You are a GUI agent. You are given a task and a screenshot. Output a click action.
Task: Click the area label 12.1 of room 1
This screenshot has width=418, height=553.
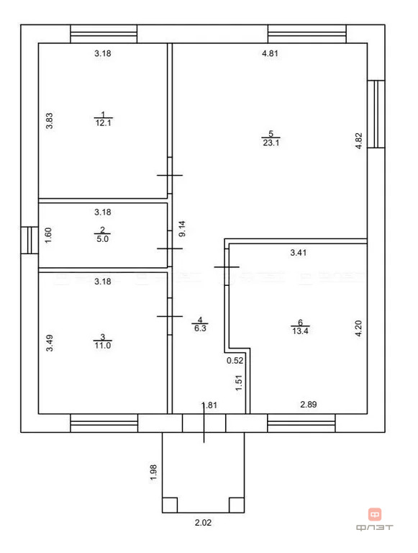point(104,122)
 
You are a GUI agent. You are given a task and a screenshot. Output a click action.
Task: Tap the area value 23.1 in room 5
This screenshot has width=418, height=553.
point(271,143)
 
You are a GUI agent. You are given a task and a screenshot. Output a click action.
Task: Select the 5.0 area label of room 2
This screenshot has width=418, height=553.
point(103,239)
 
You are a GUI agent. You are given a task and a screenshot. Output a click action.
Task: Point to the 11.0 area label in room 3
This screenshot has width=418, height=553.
point(103,346)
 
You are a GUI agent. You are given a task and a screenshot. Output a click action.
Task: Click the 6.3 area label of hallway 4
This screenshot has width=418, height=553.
point(200,328)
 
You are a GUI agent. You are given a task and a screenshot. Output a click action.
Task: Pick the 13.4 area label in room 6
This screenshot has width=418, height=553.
point(300,331)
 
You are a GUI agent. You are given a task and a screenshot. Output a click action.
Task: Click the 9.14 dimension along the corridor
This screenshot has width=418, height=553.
point(182,229)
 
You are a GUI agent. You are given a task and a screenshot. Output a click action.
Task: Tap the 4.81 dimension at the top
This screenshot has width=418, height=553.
point(270,53)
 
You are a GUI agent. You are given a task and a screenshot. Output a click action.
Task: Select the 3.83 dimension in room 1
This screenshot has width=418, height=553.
point(50,121)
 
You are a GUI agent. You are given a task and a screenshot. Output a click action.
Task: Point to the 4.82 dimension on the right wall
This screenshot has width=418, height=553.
point(358,140)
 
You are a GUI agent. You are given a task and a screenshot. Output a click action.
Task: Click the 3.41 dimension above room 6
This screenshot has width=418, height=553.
point(298,253)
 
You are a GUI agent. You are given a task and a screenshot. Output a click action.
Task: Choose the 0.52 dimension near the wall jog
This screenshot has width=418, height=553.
point(235,361)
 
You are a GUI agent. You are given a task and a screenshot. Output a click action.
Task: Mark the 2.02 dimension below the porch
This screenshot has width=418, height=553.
point(203,522)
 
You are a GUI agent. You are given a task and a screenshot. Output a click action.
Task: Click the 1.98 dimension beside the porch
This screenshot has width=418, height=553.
point(153,472)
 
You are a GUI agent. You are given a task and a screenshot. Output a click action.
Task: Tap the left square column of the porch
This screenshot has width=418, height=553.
point(170,505)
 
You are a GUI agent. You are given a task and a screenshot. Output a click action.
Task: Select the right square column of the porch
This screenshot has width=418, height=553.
point(237,505)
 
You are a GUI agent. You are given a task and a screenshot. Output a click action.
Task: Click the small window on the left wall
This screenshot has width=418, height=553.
point(29,240)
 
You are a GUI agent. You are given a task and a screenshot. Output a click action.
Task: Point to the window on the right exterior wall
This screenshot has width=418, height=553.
point(376,114)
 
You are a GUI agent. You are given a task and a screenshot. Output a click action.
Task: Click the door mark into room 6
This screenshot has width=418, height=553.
point(227,267)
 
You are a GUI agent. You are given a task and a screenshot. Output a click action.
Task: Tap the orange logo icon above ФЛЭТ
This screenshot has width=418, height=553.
point(375,515)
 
